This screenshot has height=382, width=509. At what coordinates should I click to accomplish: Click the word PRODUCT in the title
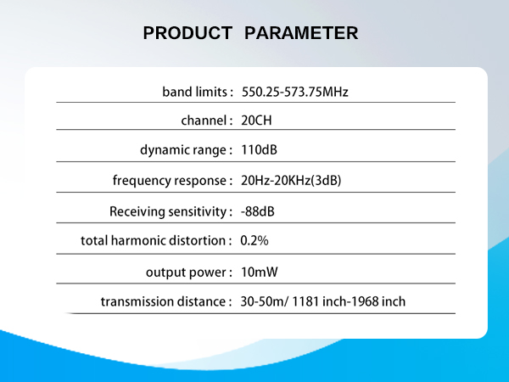point(187,33)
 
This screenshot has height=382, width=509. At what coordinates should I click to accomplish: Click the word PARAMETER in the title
point(301,33)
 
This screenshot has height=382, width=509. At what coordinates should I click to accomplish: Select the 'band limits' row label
point(194,91)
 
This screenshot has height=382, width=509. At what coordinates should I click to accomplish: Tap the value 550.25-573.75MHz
point(294,91)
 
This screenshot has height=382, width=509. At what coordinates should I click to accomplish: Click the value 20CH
point(256,121)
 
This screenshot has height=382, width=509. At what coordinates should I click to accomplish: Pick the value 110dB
point(259,150)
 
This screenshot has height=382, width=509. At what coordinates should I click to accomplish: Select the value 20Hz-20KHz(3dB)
point(291,181)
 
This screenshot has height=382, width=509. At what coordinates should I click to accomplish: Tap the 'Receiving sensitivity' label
point(167,211)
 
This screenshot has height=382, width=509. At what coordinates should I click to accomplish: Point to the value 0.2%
point(255,240)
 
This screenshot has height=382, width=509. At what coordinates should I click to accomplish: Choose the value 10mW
point(258,272)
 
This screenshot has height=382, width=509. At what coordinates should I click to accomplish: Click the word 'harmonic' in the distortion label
point(137,240)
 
